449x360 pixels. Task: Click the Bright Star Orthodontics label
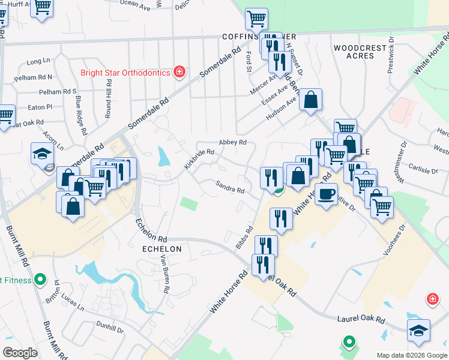point(125,73)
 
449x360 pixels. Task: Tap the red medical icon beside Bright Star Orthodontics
point(179,73)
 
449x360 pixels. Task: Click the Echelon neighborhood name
point(161,248)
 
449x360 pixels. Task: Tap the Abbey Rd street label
point(233,142)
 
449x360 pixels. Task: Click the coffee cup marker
point(326,194)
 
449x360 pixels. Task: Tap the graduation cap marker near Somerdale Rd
point(43,154)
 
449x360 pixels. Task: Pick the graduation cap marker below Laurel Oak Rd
point(418,330)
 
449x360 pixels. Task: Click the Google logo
point(20,353)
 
